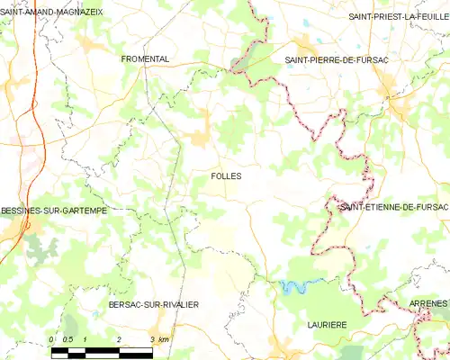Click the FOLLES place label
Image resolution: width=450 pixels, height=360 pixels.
(226, 176)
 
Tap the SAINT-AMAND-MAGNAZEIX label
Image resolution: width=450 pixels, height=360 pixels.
(52, 12)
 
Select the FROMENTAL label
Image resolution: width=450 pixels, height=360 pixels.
(146, 58)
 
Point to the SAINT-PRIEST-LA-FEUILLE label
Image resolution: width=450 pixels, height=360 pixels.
(399, 16)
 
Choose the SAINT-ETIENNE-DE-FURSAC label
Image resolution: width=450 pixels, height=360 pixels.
(393, 207)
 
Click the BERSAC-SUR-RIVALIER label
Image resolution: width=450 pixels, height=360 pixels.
(153, 305)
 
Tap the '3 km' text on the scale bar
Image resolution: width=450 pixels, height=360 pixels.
(158, 338)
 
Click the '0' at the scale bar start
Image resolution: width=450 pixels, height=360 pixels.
(52, 338)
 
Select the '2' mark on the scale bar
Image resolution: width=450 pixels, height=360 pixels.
(119, 338)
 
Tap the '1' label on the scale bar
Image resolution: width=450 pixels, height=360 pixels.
(85, 338)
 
